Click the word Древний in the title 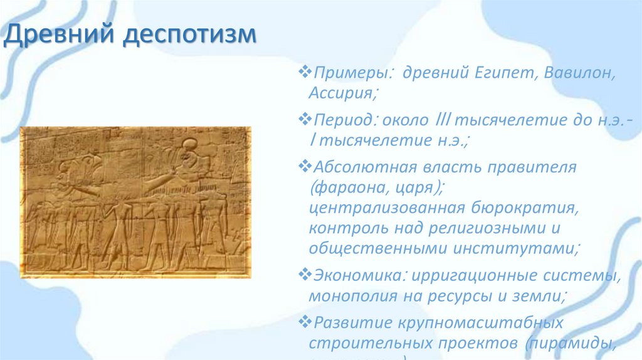pos(59,35)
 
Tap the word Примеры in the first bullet pos(353,74)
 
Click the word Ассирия pos(342,93)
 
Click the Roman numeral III pos(442,120)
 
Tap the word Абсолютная pos(360,168)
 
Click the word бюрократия pos(522,207)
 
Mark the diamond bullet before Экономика pos(306,275)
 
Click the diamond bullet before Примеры pos(306,73)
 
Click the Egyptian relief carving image pos(135,202)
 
